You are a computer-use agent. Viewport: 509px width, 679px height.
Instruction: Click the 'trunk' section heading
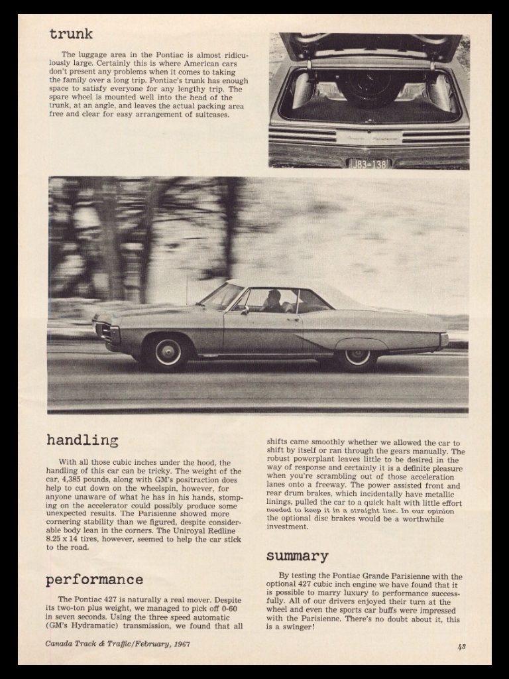[x=70, y=34]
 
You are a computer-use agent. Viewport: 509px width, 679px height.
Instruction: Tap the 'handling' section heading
[x=82, y=440]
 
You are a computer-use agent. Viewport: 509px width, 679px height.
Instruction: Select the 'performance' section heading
[x=94, y=580]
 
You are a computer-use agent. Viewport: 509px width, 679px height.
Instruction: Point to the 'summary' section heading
[x=297, y=556]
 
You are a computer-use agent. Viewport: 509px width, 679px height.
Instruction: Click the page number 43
[x=461, y=646]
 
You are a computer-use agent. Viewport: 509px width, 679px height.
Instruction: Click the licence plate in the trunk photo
[x=370, y=162]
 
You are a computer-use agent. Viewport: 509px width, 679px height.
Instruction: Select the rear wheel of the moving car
[x=357, y=356]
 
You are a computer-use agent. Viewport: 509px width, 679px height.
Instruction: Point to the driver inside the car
[x=272, y=300]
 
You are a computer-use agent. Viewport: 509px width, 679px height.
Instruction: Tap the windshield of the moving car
[x=223, y=296]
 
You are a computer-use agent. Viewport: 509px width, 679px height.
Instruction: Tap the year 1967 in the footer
[x=180, y=643]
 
